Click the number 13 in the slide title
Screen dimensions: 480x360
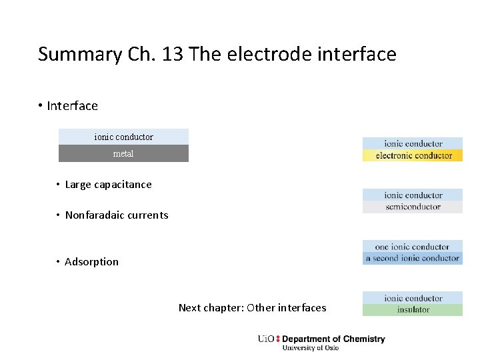[173, 54]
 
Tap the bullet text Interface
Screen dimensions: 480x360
[72, 106]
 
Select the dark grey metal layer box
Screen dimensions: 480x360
[123, 153]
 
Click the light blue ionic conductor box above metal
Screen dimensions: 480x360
[123, 137]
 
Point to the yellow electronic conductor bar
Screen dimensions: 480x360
[413, 155]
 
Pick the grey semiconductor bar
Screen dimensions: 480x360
[413, 207]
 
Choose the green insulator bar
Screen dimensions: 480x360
[413, 310]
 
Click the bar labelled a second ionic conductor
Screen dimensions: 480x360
[413, 259]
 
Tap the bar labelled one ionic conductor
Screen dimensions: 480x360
[413, 247]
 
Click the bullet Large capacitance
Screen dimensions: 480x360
[108, 185]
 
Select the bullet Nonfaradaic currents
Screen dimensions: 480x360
[117, 215]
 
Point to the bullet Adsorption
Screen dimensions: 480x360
[91, 262]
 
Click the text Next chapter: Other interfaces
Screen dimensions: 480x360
[252, 307]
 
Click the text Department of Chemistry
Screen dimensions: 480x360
[333, 339]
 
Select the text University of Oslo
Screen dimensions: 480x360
[310, 348]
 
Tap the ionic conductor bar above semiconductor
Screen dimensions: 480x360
[413, 195]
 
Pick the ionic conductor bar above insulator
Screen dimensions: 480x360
[413, 298]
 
